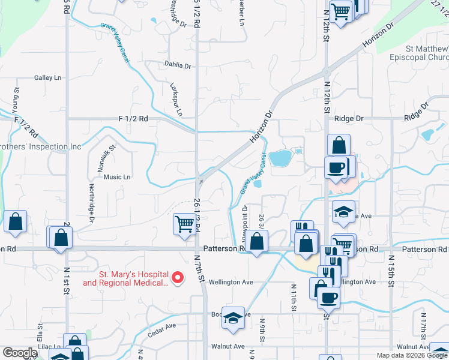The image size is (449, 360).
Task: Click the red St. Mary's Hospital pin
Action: (178, 277)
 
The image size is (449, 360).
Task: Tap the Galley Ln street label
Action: (48, 78)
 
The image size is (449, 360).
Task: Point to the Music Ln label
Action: (117, 177)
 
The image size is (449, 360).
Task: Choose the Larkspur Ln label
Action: (176, 99)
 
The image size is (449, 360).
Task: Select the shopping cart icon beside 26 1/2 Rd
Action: (184, 224)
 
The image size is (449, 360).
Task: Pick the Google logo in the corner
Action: (20, 353)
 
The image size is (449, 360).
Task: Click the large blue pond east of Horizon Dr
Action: (280, 158)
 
